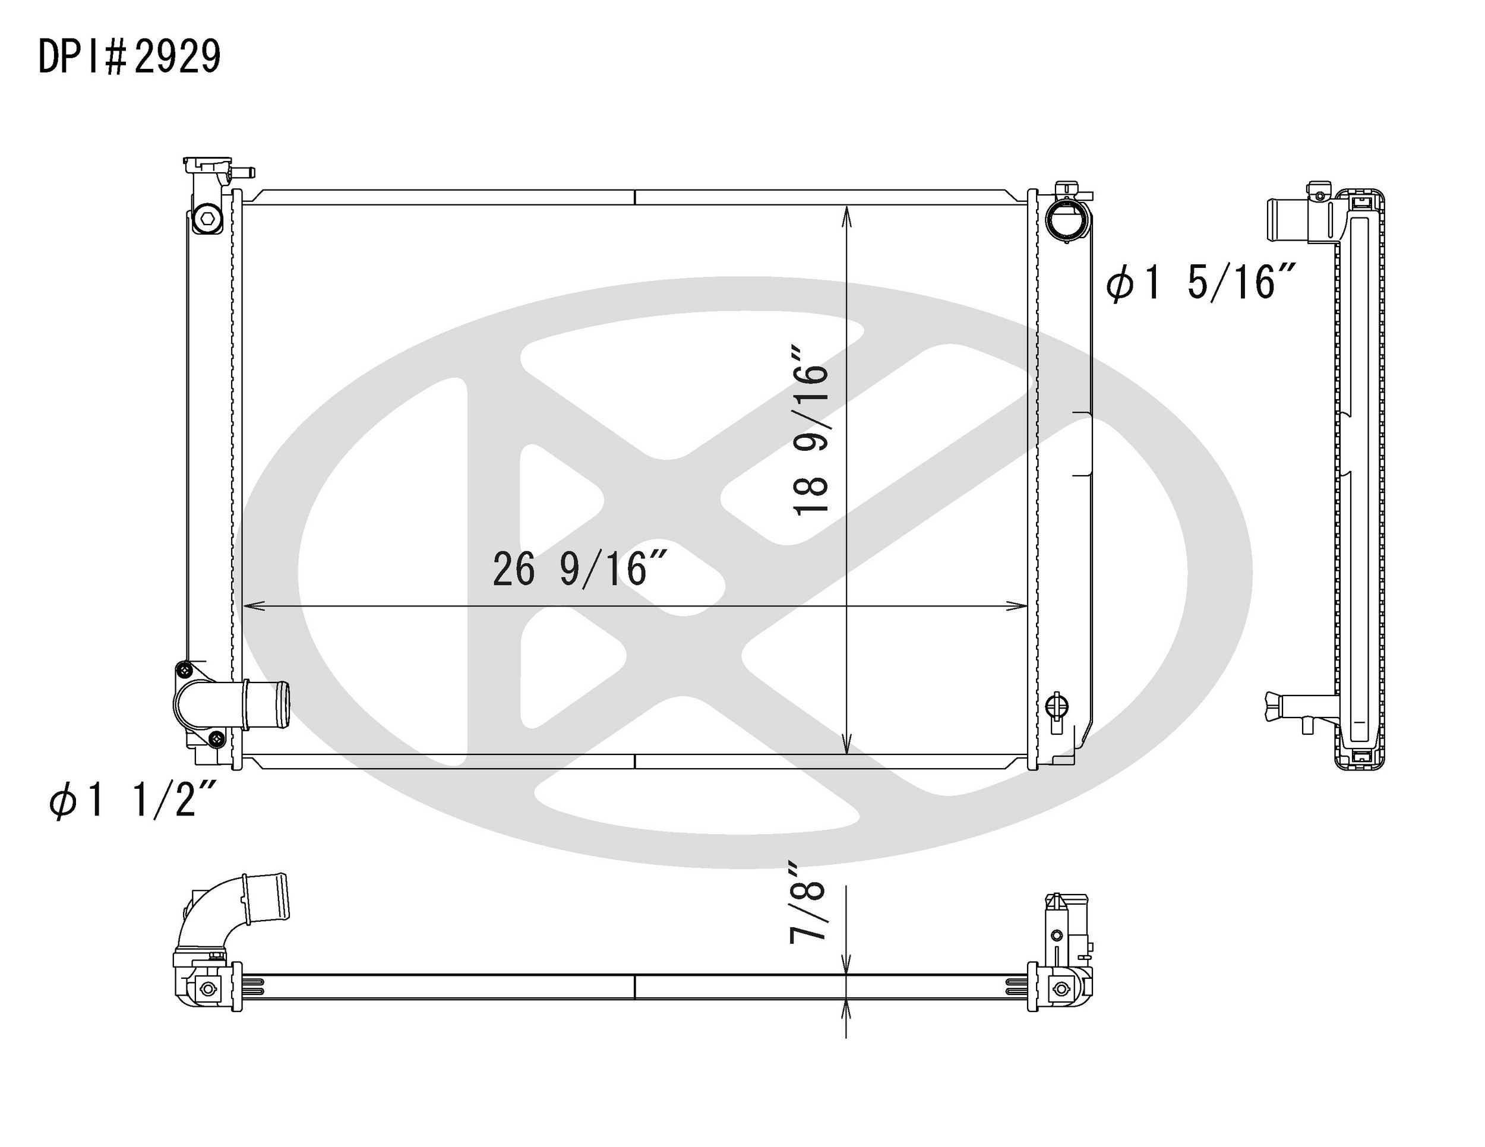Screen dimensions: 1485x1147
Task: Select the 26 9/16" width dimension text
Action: click(x=579, y=569)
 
